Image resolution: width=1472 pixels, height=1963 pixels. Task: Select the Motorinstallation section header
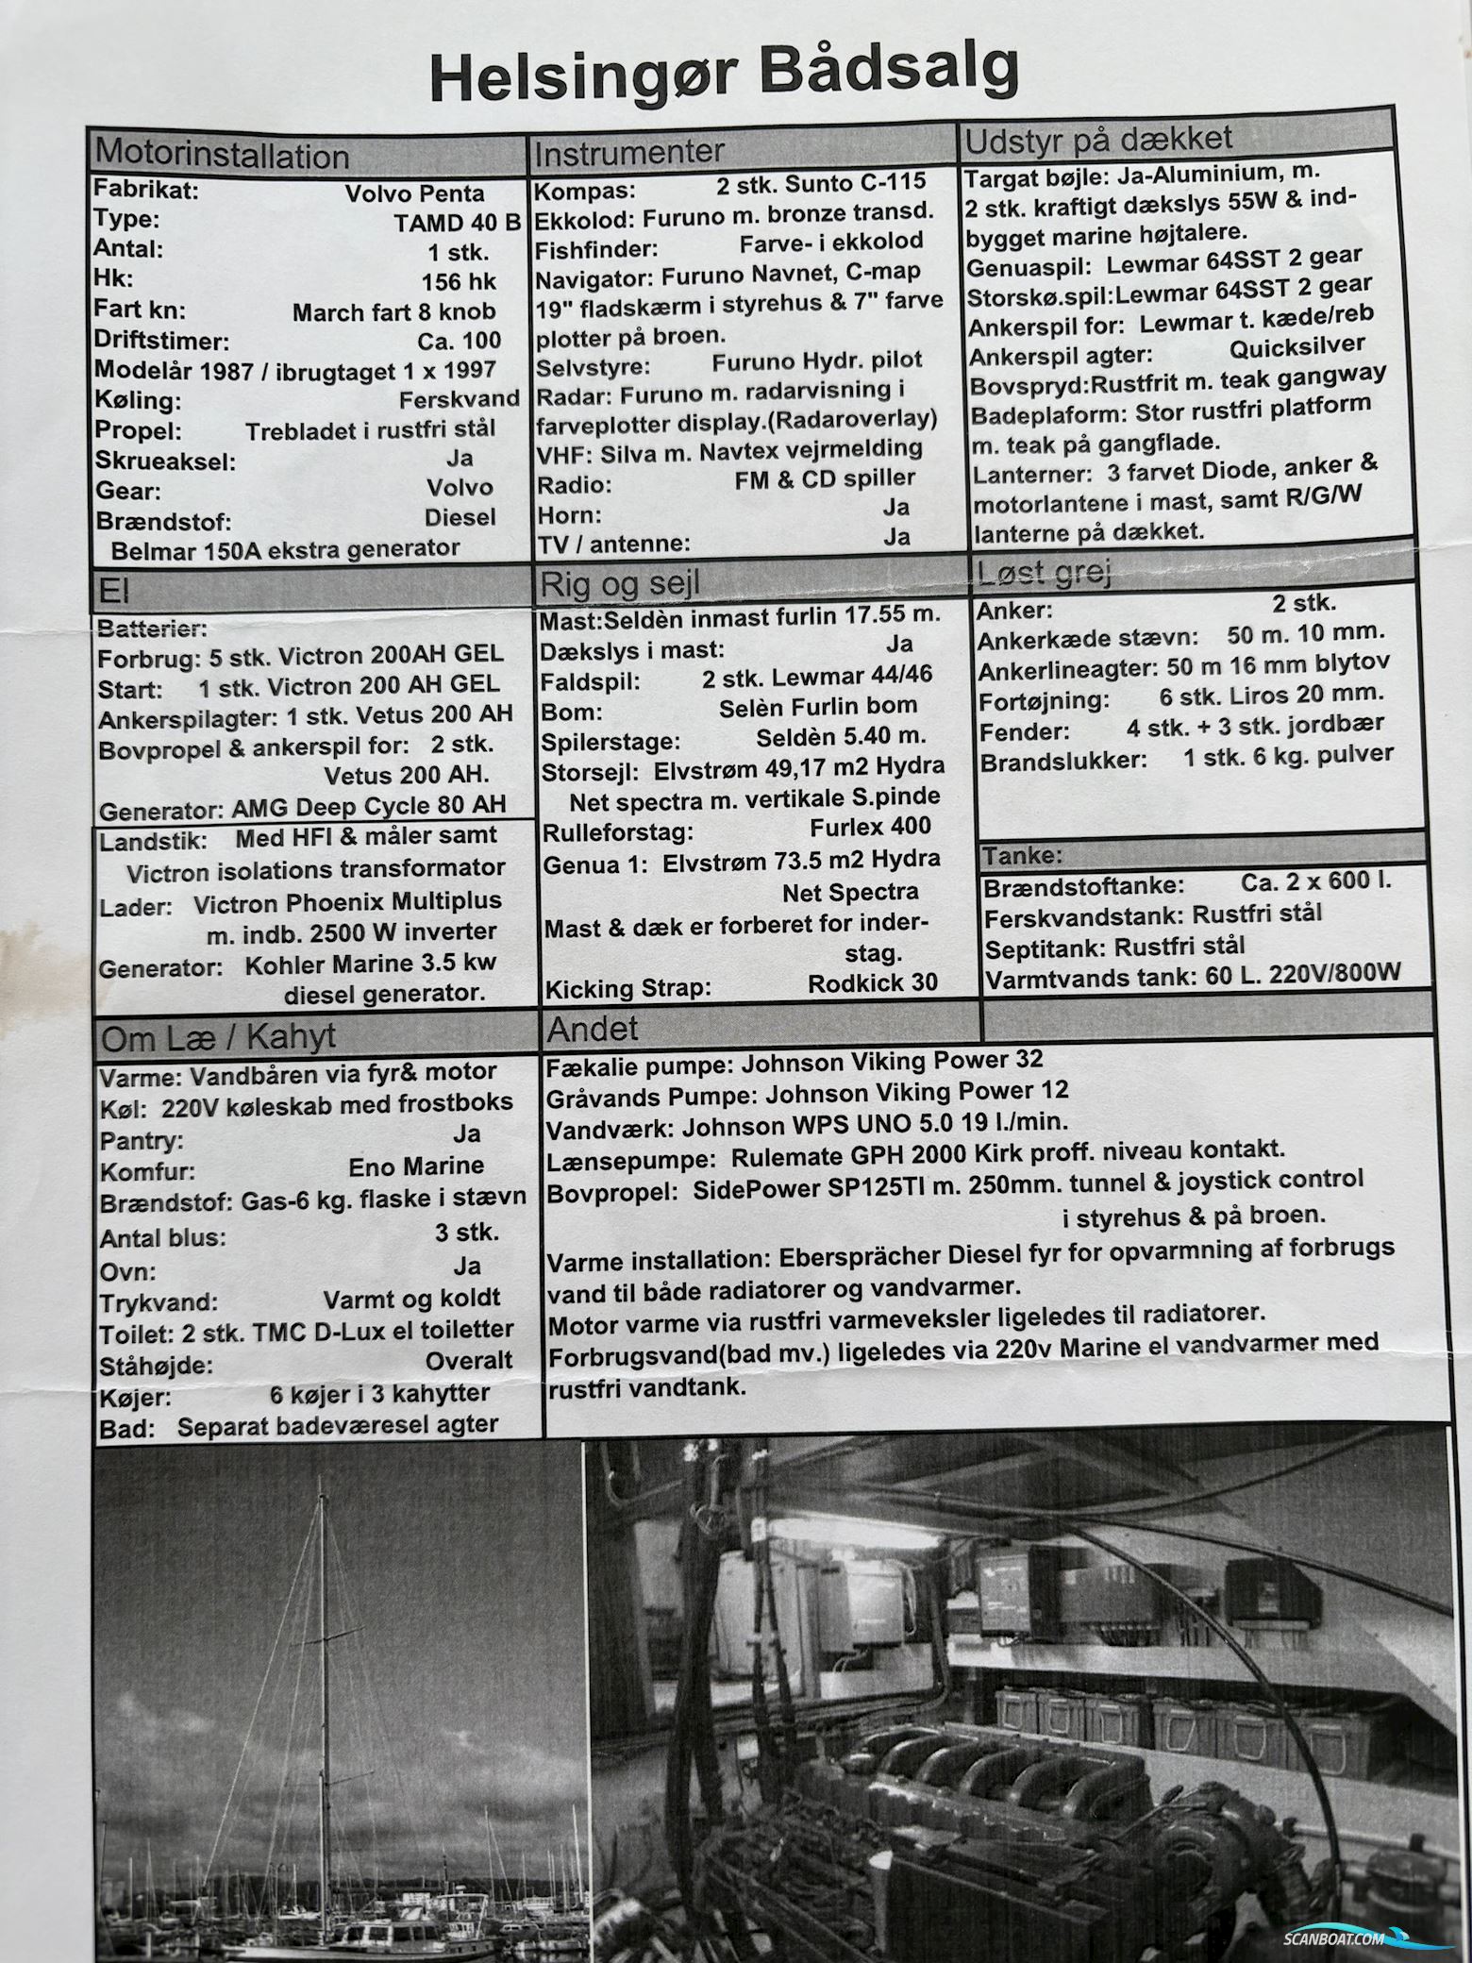point(223,155)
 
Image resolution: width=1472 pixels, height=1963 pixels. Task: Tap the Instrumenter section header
point(628,151)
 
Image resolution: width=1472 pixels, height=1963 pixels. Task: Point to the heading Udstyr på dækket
point(1097,140)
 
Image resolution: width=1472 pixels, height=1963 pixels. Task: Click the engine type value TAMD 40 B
point(457,223)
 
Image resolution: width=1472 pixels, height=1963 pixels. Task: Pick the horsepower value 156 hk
point(459,281)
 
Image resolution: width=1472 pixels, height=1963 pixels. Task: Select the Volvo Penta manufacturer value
point(415,193)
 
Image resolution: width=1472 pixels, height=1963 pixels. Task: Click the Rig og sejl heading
point(619,585)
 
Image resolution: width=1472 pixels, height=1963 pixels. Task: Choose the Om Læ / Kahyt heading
point(218,1037)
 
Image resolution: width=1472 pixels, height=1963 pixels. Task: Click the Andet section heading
point(593,1029)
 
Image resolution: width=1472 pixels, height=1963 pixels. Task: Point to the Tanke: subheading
point(1023,856)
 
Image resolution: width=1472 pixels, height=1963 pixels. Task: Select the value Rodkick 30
point(873,983)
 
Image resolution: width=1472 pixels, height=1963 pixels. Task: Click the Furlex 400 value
point(870,827)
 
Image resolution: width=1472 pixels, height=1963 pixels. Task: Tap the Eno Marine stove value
point(416,1166)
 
